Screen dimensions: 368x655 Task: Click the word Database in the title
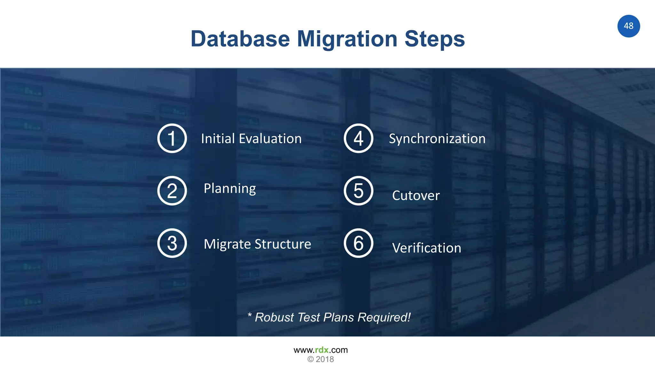point(240,39)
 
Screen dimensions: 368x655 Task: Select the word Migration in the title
point(347,39)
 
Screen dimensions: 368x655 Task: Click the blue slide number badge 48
point(628,26)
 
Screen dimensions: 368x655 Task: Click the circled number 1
point(172,138)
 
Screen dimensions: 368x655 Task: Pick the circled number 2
point(172,191)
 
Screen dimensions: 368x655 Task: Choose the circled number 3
point(172,243)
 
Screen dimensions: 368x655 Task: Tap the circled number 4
point(359,138)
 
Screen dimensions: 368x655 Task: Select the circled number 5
point(359,191)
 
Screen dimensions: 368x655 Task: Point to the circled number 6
point(359,243)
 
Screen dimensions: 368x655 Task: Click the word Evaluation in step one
point(270,139)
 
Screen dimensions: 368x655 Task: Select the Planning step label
point(230,188)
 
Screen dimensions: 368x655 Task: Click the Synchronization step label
point(437,139)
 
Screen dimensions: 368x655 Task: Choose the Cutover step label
point(416,195)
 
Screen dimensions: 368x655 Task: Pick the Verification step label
point(427,248)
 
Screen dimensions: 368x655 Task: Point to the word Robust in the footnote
point(274,318)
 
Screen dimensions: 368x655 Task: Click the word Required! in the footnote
point(384,318)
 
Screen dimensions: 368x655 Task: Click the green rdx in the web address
point(322,350)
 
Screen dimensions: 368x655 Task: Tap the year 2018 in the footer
point(325,359)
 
